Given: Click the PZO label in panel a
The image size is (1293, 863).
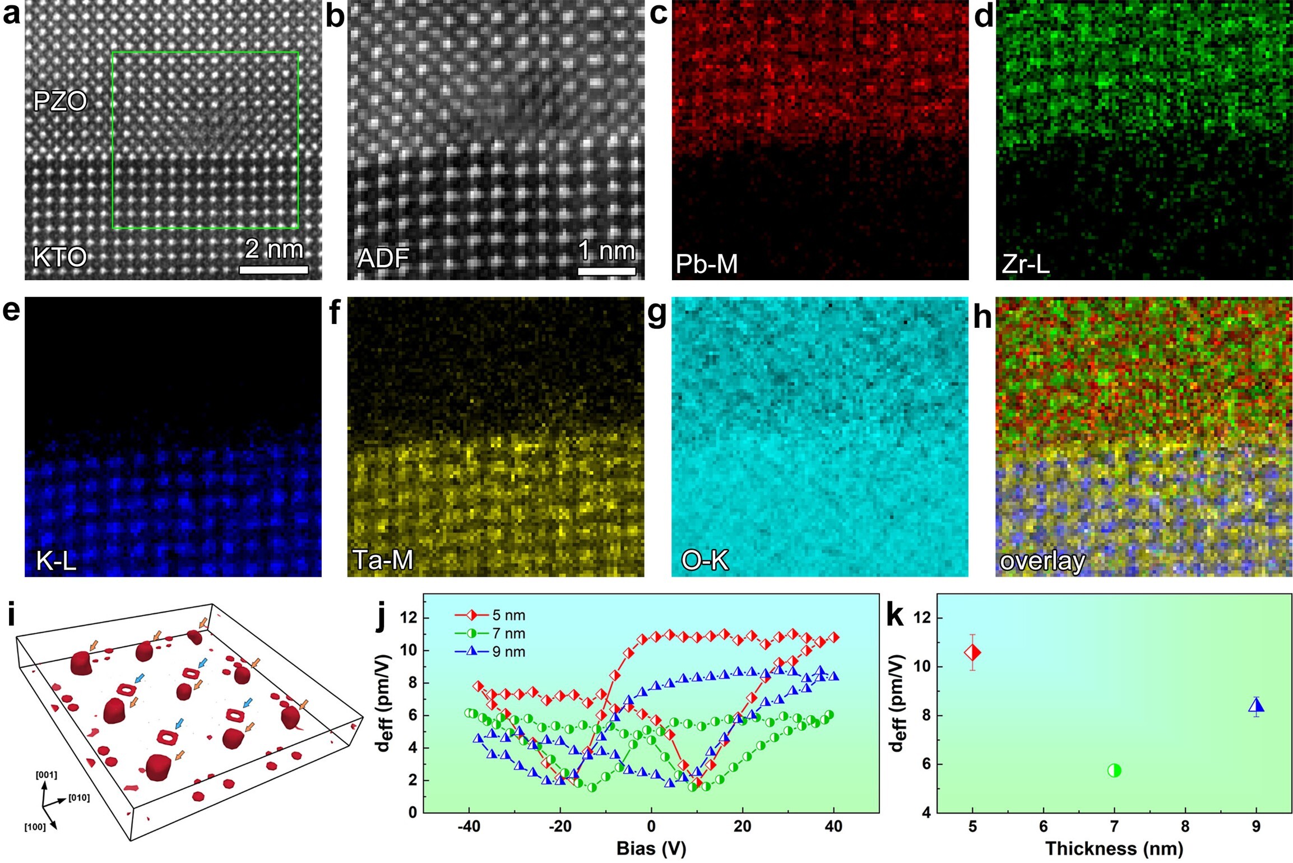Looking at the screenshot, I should pyautogui.click(x=60, y=101).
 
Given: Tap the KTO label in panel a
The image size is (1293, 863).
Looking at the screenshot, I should pyautogui.click(x=60, y=257).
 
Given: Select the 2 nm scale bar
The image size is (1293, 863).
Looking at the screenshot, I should pyautogui.click(x=274, y=270).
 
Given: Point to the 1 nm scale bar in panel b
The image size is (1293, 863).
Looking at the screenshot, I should pyautogui.click(x=606, y=271).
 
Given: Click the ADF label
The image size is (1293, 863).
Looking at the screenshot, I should pyautogui.click(x=383, y=258).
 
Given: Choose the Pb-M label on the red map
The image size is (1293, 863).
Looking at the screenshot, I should pyautogui.click(x=707, y=264).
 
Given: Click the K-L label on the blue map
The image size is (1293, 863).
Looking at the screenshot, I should pyautogui.click(x=56, y=560).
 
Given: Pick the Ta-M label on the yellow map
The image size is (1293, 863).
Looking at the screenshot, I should pyautogui.click(x=383, y=560).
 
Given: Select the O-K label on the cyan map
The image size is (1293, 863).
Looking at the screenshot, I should pyautogui.click(x=705, y=560).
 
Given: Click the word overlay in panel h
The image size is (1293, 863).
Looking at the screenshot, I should pyautogui.click(x=1042, y=561).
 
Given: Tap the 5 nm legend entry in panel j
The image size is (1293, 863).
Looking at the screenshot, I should pyautogui.click(x=490, y=615).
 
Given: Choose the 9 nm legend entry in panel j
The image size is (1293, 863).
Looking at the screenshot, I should pyautogui.click(x=490, y=652).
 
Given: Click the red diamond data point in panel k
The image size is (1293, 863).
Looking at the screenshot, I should pyautogui.click(x=972, y=652).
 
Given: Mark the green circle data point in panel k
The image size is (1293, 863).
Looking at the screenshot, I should pyautogui.click(x=1114, y=771).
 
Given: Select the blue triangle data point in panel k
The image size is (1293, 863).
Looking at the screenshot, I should pyautogui.click(x=1256, y=706).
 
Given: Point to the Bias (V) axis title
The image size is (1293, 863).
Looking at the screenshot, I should pyautogui.click(x=651, y=848).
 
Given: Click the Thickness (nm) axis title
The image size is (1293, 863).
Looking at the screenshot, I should pyautogui.click(x=1114, y=848).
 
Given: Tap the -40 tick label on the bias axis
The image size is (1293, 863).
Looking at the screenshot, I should pyautogui.click(x=469, y=827).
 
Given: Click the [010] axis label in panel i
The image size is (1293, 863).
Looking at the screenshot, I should pyautogui.click(x=79, y=797).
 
